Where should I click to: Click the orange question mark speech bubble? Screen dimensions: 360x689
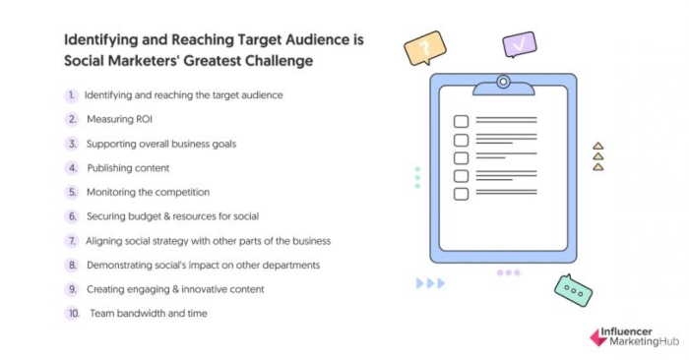(425, 48)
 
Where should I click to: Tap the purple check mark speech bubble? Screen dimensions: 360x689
(519, 44)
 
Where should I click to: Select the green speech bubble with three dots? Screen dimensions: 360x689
(573, 290)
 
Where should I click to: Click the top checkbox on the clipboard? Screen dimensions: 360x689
(460, 122)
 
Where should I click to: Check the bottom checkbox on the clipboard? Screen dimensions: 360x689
(460, 194)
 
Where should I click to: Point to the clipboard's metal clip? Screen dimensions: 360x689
(503, 84)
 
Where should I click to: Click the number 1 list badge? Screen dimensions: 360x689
(72, 95)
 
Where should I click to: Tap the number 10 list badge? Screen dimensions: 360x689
(72, 313)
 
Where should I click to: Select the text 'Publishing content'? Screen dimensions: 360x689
(128, 168)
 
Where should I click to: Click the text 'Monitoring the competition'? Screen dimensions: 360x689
(148, 192)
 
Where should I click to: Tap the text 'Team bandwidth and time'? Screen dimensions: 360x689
(150, 313)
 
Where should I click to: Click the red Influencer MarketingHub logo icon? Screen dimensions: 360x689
(597, 336)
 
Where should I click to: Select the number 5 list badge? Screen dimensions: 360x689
(72, 192)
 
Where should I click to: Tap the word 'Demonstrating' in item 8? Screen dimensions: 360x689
(120, 265)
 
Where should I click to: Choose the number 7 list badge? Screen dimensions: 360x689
(72, 241)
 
